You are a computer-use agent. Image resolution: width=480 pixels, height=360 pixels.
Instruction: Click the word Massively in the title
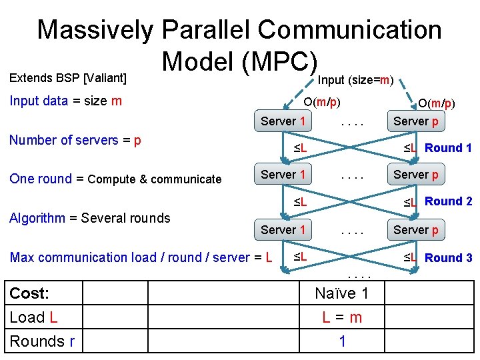tap(95, 30)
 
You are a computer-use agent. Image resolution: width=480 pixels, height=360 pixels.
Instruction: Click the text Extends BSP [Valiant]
tap(68, 78)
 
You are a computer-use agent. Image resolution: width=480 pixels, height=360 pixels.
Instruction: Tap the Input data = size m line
tap(65, 101)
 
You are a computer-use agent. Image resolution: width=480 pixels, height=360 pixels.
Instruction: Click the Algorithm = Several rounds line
tap(90, 217)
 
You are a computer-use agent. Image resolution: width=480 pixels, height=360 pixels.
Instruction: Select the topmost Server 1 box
tap(283, 121)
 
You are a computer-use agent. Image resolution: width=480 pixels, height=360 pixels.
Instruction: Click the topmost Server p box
tap(416, 121)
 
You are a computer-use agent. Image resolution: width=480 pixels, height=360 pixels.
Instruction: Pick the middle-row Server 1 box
tap(283, 175)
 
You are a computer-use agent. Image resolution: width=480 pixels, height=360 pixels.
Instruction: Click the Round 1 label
tap(448, 148)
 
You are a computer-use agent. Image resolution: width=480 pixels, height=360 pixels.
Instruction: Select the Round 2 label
tap(448, 201)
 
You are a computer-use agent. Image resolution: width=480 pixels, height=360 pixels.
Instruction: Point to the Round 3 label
tap(448, 257)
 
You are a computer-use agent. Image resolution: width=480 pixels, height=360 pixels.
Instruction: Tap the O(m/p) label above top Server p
tap(437, 103)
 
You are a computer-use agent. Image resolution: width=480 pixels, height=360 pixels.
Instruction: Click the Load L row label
tap(33, 317)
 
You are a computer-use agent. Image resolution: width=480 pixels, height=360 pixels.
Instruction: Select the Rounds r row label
tap(42, 341)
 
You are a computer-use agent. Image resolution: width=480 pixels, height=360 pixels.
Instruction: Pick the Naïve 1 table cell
tap(341, 294)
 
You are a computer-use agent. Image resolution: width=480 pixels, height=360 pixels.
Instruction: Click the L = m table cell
tap(341, 317)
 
